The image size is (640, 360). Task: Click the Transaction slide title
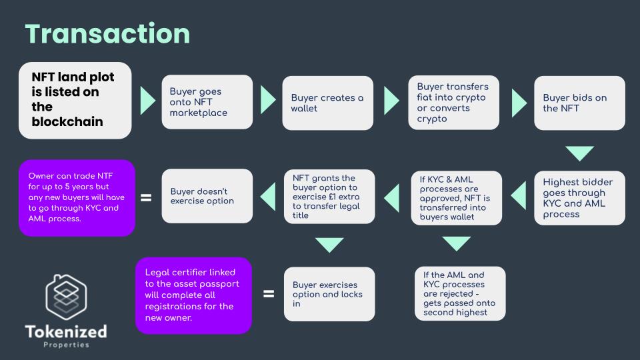(x=107, y=34)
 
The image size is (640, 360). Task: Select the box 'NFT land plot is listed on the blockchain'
(x=75, y=101)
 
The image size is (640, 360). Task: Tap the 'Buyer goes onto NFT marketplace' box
(x=207, y=102)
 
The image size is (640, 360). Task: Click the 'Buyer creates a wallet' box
(x=328, y=102)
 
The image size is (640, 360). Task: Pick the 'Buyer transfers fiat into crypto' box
(x=453, y=102)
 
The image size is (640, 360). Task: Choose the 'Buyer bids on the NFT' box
(x=579, y=102)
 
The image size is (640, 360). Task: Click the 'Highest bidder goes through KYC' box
(x=579, y=197)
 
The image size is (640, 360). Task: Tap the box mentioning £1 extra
(x=329, y=197)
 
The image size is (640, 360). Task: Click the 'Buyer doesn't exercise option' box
(x=207, y=196)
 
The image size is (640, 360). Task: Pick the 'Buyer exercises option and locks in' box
(x=329, y=294)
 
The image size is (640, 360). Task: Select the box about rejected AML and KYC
(x=459, y=294)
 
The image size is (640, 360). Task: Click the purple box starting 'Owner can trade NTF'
(x=77, y=197)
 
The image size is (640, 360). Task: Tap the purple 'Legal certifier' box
(x=193, y=295)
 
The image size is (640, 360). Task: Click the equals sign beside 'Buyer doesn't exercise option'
(x=146, y=197)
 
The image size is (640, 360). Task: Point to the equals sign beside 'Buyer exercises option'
(x=269, y=293)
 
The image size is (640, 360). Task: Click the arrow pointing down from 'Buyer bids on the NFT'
(x=579, y=153)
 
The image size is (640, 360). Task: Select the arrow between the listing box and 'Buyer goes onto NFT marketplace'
(x=147, y=101)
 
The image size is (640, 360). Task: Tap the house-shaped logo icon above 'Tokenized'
(x=66, y=294)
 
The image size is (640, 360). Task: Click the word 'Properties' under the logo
(x=66, y=345)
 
